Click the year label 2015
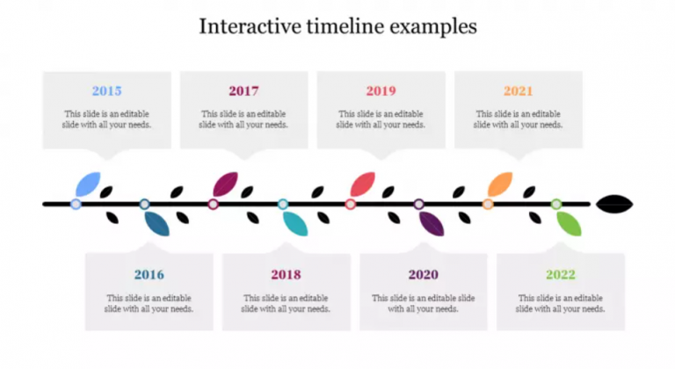point(107,90)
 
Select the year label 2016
point(149,275)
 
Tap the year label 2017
point(243,90)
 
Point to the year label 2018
point(286,275)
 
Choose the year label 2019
point(381,90)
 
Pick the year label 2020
point(423,275)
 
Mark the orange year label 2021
point(518,90)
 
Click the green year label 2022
point(560,275)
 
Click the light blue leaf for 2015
point(88,184)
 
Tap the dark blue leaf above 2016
point(156,223)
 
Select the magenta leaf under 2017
point(226,184)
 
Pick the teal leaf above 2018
point(295,223)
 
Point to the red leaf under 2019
point(363,184)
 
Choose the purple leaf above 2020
point(432,223)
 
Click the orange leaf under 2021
point(500,184)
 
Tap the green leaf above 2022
point(569,223)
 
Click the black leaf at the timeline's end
point(614,205)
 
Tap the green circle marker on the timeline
point(556,204)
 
